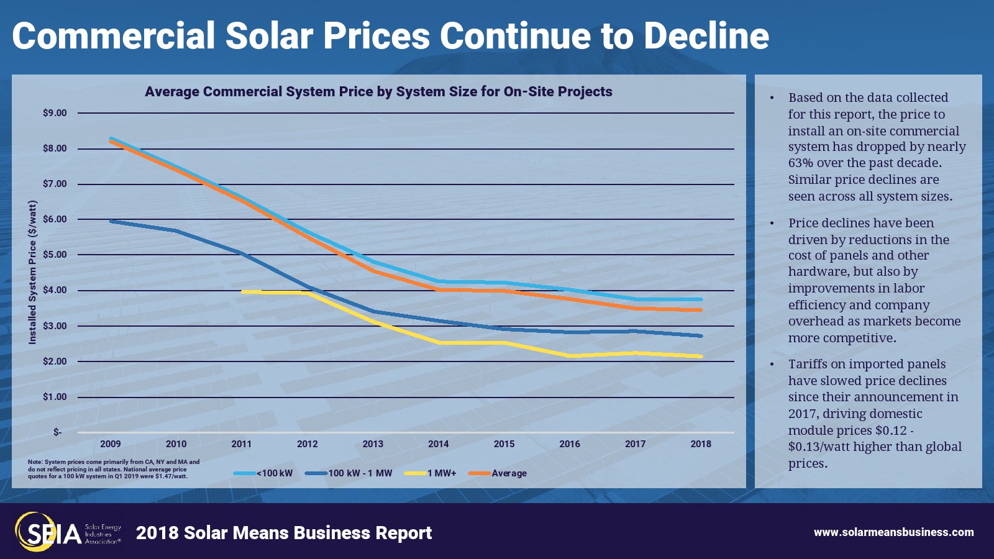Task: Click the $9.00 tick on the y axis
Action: coord(55,113)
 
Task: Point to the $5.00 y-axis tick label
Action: coord(55,255)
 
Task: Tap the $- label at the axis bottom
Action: coord(57,432)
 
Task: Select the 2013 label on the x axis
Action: coord(373,444)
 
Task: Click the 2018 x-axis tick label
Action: coord(701,444)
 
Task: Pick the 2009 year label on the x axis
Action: coord(111,444)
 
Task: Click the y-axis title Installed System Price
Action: coord(33,272)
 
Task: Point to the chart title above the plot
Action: coord(378,92)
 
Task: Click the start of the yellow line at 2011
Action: coord(242,291)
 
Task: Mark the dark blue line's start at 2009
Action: coord(111,221)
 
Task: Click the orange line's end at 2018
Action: coord(701,310)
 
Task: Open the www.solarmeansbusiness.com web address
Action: coord(893,532)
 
